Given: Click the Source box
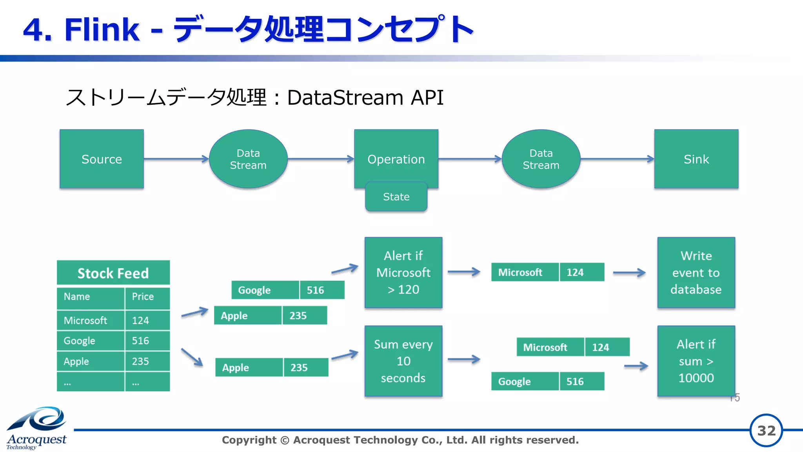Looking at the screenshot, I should tap(102, 159).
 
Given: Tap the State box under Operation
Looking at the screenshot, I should tap(396, 197).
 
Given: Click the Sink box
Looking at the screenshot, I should tap(696, 159).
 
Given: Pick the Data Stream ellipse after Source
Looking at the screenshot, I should tap(248, 159).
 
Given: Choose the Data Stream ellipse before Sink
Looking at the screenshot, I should tap(541, 159).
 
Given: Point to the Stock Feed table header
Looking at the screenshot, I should tap(113, 273).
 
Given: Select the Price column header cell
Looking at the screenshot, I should tap(147, 297).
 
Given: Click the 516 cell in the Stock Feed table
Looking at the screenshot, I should tap(147, 341).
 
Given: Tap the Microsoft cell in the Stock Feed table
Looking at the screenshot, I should tap(90, 320).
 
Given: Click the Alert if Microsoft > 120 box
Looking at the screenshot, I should tap(403, 272).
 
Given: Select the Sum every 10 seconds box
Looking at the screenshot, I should tap(403, 361).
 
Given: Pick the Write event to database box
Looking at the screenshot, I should tap(696, 272).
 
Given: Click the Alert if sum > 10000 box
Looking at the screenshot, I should tap(696, 361).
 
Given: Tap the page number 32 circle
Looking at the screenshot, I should tap(766, 430).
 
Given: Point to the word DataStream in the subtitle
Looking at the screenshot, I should tap(345, 97).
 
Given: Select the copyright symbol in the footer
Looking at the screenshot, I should tap(285, 440).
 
